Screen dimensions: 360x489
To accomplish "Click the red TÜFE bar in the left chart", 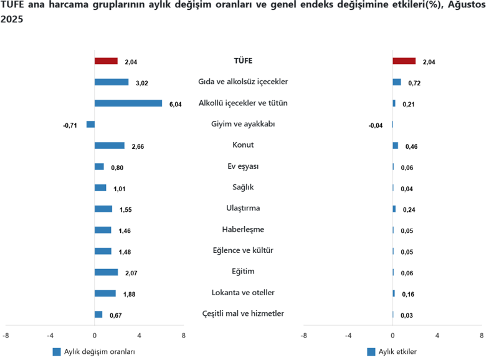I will (x=106, y=61).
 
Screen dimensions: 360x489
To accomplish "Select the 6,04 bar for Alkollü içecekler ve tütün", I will (x=128, y=103).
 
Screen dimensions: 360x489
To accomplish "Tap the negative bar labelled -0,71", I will (x=90, y=125).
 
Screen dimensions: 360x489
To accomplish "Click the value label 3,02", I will (x=141, y=83).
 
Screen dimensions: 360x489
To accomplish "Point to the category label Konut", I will (x=243, y=145).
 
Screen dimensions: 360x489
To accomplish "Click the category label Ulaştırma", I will (x=243, y=208).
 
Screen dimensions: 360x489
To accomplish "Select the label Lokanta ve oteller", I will (x=243, y=293).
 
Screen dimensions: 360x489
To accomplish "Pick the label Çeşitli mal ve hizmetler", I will (x=243, y=313).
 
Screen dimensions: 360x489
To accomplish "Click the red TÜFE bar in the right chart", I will (x=404, y=61).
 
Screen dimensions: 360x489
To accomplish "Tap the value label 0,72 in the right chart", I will (x=415, y=83).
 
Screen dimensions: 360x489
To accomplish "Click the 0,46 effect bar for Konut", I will (x=395, y=146).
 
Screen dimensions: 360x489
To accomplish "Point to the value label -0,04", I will (x=376, y=126).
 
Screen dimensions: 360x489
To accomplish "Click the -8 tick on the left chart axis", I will (x=6, y=336).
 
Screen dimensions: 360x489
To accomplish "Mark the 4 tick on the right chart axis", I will (x=437, y=336).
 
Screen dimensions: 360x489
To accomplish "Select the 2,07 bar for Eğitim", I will (x=106, y=272).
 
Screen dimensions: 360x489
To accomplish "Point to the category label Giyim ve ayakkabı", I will (x=243, y=124).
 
